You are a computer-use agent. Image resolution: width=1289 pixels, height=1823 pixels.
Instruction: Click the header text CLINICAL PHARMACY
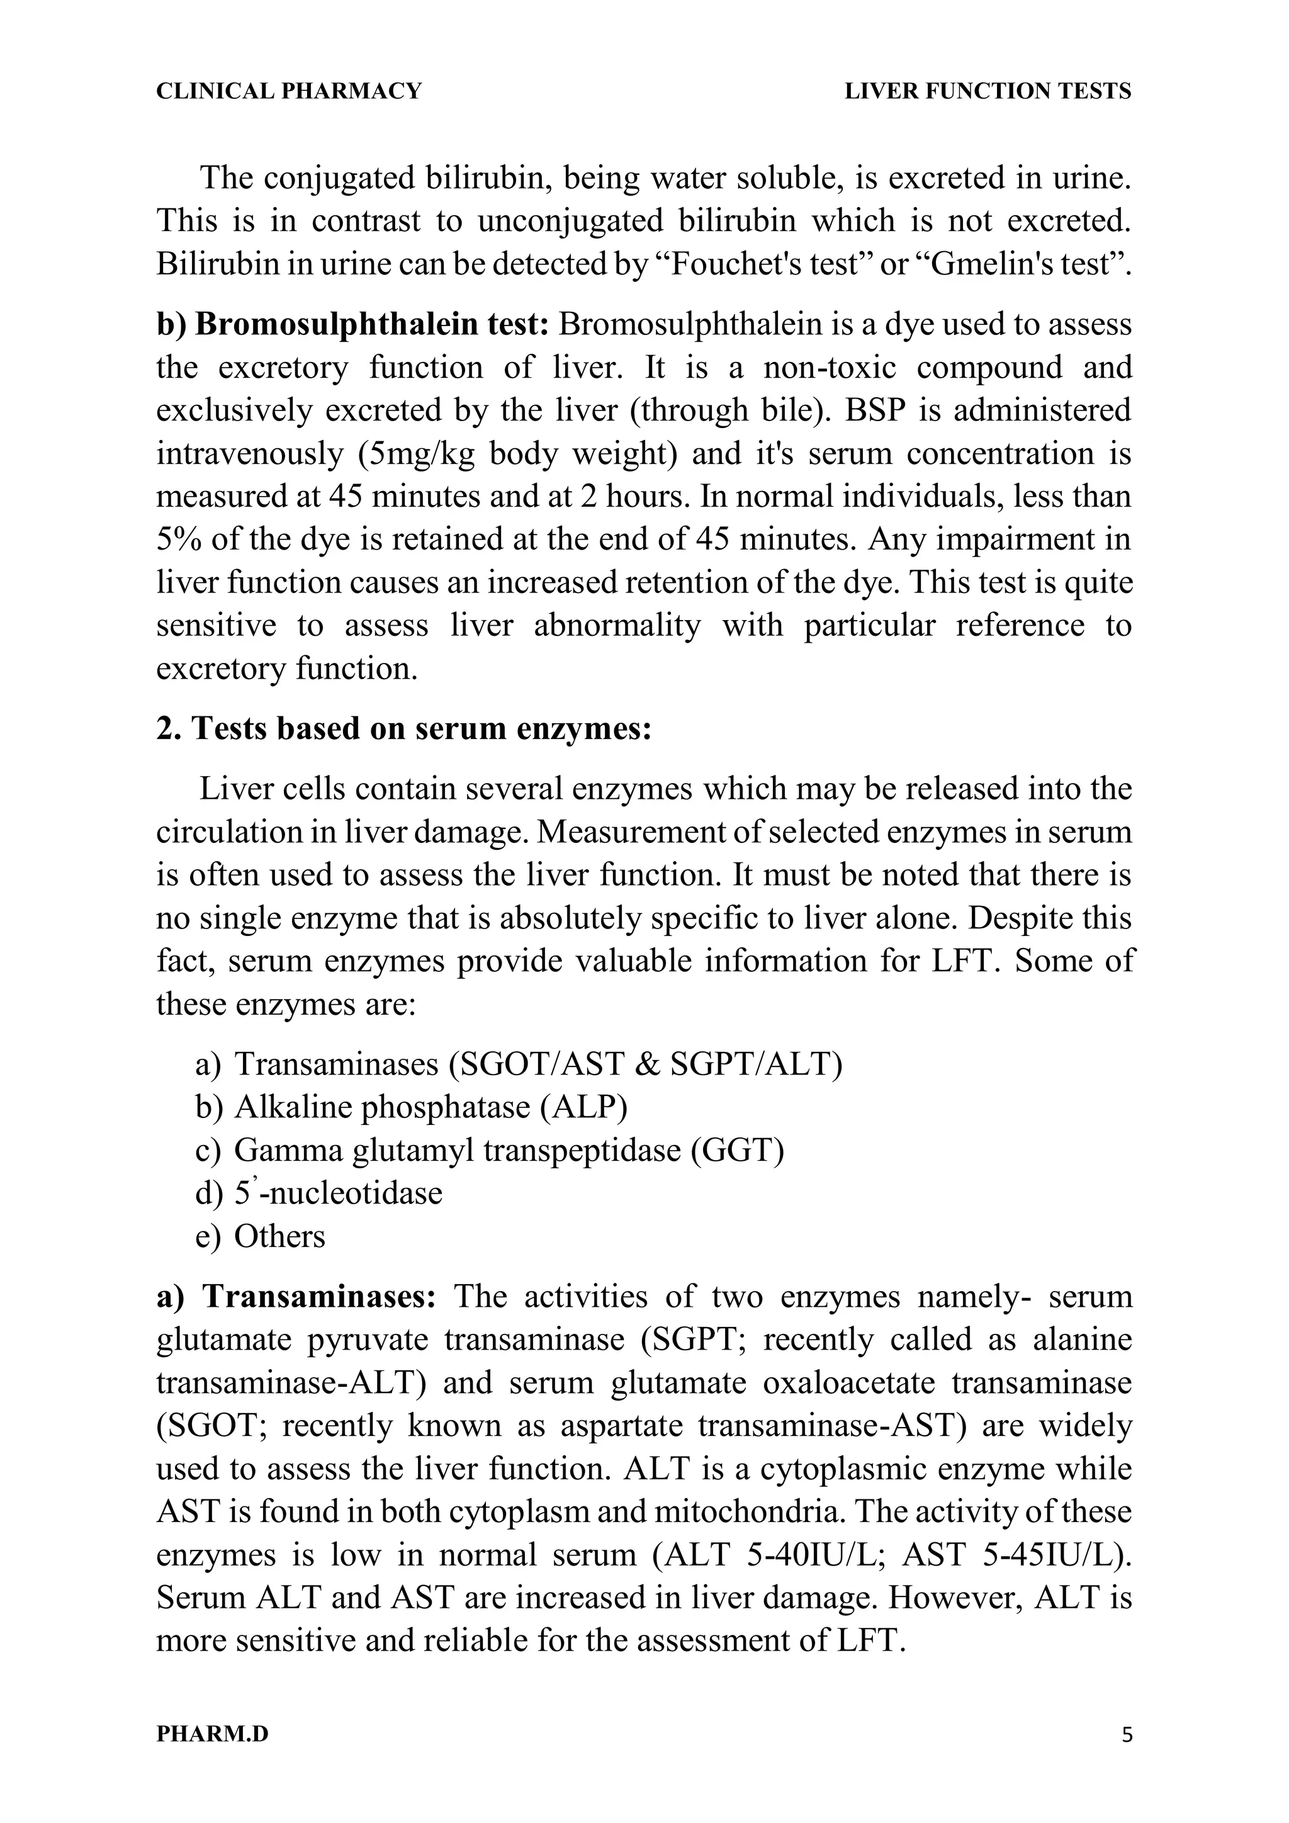(x=289, y=91)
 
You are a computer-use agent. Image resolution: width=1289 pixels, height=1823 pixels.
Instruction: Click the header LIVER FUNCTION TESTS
(x=988, y=91)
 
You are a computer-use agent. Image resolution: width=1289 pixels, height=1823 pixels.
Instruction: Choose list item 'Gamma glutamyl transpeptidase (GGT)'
(x=509, y=1149)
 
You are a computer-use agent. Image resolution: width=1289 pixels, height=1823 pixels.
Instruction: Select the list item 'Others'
(x=279, y=1236)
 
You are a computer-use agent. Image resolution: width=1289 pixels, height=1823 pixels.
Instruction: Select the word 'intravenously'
(x=249, y=454)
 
